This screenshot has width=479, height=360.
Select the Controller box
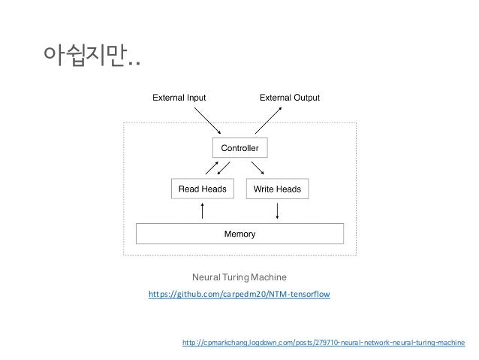[239, 147]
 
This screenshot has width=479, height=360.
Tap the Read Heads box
[202, 189]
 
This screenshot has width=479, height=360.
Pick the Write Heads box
[277, 189]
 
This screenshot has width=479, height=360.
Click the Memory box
[239, 234]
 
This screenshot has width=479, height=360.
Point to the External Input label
[180, 98]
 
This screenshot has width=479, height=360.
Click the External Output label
[290, 98]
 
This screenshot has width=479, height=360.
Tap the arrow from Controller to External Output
[268, 120]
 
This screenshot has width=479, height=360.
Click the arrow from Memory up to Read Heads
[202, 211]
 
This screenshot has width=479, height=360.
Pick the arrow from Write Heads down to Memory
[279, 211]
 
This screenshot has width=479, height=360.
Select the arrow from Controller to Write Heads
[258, 168]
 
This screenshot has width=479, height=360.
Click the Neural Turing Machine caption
[239, 277]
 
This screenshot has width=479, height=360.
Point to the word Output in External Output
[305, 98]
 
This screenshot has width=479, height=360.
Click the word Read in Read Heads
[188, 189]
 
